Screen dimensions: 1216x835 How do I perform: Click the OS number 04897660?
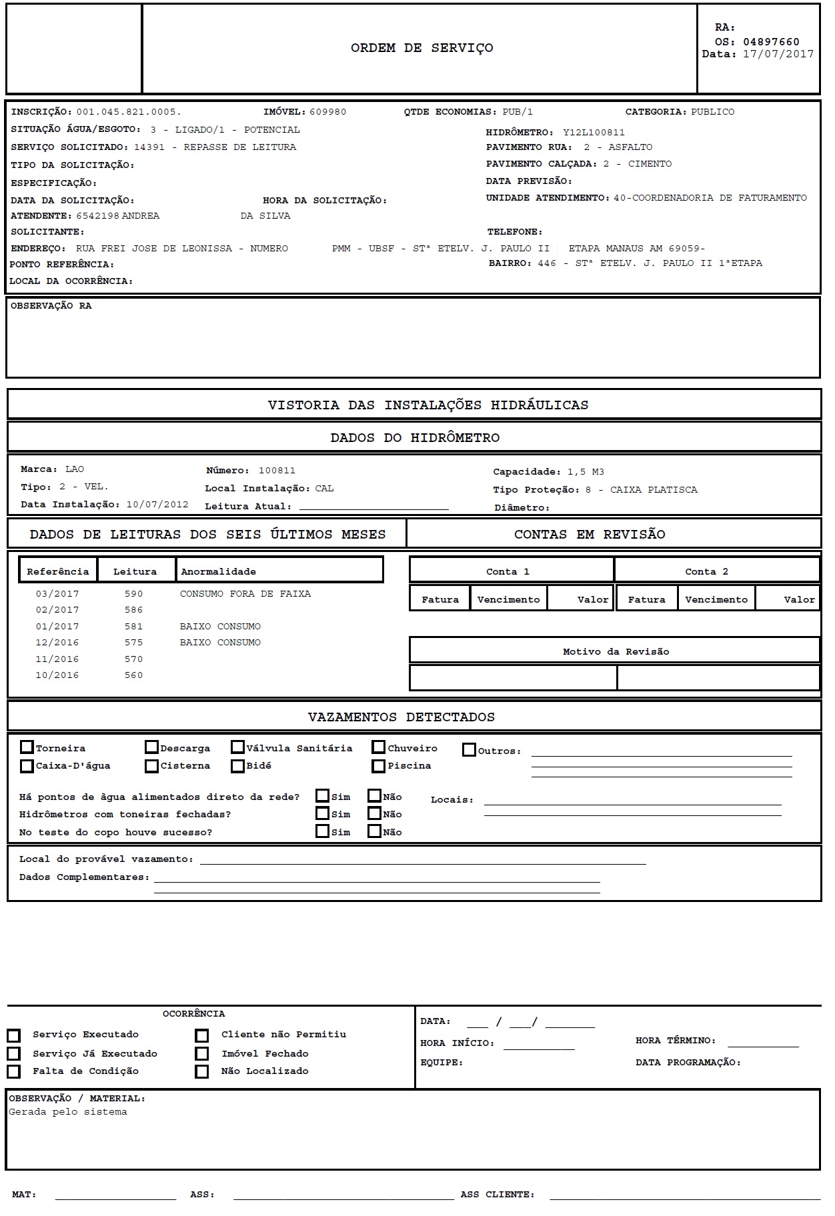pos(771,42)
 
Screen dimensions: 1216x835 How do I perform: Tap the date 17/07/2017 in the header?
pos(778,55)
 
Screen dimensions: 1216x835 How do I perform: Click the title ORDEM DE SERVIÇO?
pos(422,48)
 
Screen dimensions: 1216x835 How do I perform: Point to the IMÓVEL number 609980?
pos(327,112)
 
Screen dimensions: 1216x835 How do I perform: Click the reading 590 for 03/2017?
pos(133,594)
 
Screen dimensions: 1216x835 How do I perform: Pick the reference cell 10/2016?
pos(57,675)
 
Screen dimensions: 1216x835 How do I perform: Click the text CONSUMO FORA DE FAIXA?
pos(245,594)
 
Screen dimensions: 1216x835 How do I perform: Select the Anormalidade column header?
pos(218,572)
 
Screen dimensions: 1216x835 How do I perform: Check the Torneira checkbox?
pos(27,747)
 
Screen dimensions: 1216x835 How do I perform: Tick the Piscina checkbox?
pos(379,766)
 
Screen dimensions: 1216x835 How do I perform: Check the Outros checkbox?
pos(469,750)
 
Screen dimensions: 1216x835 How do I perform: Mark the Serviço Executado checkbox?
pos(13,1035)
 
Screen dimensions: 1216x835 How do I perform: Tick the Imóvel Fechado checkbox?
pos(201,1054)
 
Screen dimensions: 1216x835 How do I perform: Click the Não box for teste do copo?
pos(375,831)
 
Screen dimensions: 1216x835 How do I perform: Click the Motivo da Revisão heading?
pos(616,652)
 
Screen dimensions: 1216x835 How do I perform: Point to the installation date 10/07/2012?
pos(157,505)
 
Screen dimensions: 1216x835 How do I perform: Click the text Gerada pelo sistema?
pos(67,1112)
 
